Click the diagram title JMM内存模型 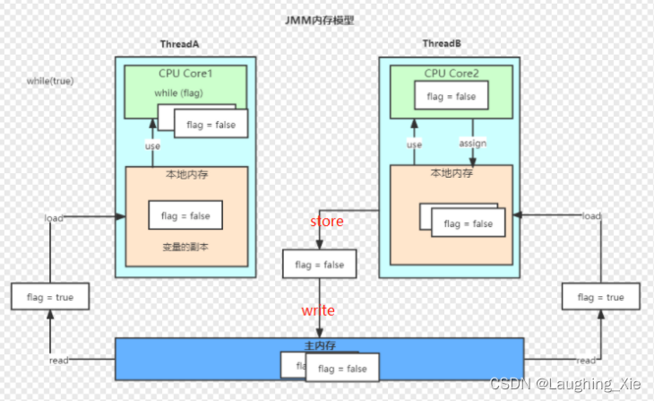click(319, 19)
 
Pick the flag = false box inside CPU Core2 click(451, 96)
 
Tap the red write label click(318, 310)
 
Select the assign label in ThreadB click(472, 144)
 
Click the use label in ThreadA click(153, 145)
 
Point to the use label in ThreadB click(414, 144)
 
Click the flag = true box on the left click(50, 297)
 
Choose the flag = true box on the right click(600, 297)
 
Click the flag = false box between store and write click(319, 265)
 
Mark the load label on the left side click(54, 218)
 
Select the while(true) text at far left click(50, 81)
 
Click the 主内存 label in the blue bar click(319, 344)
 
